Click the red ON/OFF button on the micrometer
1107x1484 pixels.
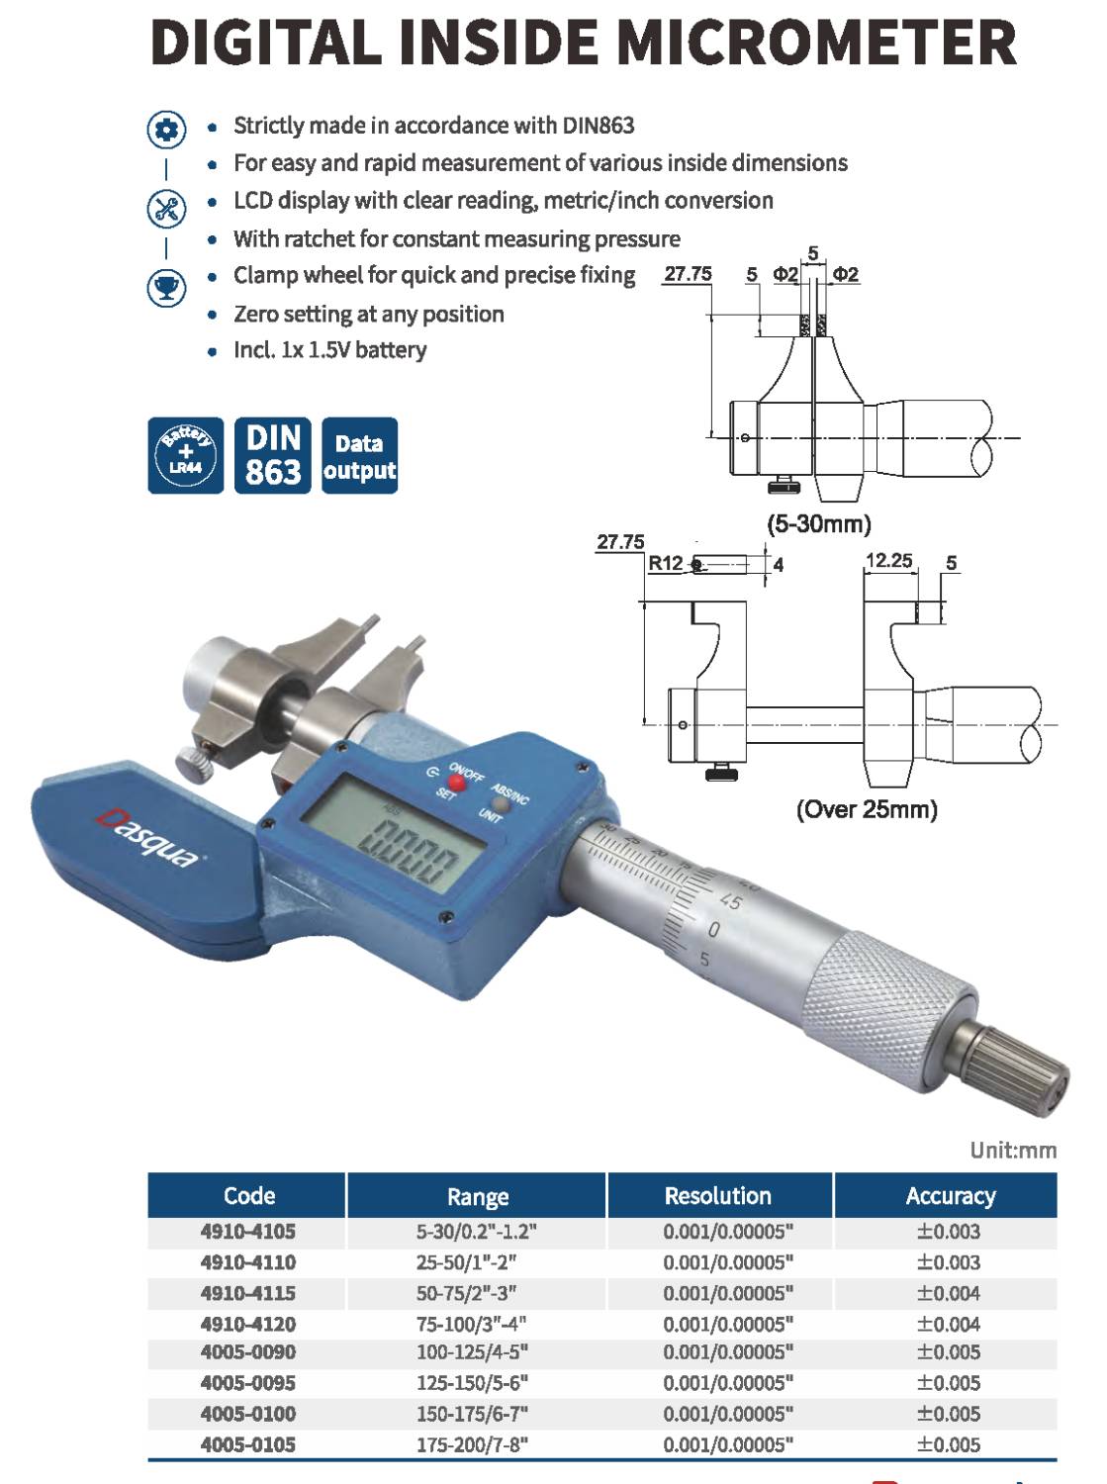pos(457,783)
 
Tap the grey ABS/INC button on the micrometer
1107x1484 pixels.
pos(501,805)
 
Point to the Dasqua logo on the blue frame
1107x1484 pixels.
pos(148,838)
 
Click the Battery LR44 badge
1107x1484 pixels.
pos(186,455)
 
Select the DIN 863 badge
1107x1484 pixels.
pos(272,455)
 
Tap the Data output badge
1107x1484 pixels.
pos(359,455)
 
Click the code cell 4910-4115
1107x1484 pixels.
pos(248,1293)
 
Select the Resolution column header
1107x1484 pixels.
pos(718,1195)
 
